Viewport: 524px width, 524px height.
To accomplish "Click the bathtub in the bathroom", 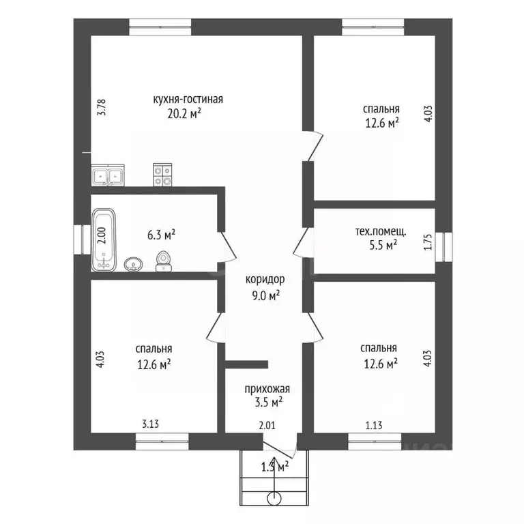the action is (104, 239).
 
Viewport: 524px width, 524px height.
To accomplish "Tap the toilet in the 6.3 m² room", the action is (164, 261).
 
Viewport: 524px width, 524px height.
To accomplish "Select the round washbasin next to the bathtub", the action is (134, 264).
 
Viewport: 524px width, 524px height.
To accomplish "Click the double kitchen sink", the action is (108, 175).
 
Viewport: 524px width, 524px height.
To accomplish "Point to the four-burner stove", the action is (162, 175).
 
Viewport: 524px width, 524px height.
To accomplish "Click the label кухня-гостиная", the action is (188, 100).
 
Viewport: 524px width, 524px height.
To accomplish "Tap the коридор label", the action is (265, 279).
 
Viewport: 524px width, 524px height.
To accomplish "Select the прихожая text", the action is (267, 389).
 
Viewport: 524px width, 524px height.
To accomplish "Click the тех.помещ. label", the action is (381, 231).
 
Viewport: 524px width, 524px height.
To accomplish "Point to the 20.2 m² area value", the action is (184, 114).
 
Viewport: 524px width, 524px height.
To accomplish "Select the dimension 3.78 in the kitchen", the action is (102, 107).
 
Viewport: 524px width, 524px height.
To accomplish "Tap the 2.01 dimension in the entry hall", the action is (267, 426).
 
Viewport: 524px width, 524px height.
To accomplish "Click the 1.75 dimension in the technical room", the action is (428, 242).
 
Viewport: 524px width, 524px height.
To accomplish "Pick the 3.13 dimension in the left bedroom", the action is (150, 424).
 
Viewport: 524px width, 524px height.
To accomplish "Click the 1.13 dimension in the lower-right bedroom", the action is (374, 426).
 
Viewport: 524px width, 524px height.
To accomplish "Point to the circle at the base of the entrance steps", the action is (274, 499).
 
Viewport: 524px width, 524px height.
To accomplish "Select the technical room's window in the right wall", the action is (443, 247).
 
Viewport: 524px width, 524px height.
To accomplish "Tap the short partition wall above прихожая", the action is (246, 364).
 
